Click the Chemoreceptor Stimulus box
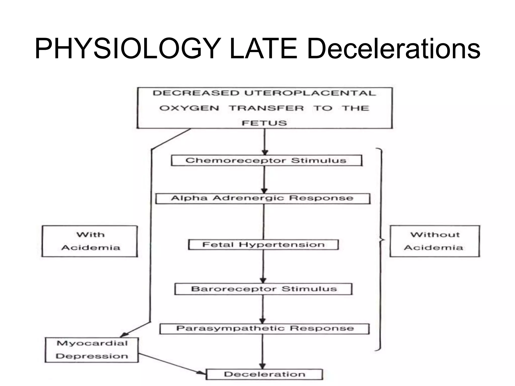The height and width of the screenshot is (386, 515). pos(267,161)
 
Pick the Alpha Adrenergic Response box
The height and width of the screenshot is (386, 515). pos(263,199)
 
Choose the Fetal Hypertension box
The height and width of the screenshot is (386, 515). pos(263,245)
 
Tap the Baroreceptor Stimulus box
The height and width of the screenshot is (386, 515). pos(263,289)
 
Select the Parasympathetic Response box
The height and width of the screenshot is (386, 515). pos(265,329)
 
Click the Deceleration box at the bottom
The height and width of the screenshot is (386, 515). pos(264,374)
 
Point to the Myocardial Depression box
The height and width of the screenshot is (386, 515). pos(92,350)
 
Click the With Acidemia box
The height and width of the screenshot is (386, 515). pos(90,241)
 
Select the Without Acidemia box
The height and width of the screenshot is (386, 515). pos(435,241)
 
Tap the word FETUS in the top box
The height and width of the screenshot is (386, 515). pos(264,123)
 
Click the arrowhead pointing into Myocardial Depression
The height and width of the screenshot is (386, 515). pos(124,335)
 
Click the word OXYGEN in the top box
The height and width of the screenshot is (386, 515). pos(189,108)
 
